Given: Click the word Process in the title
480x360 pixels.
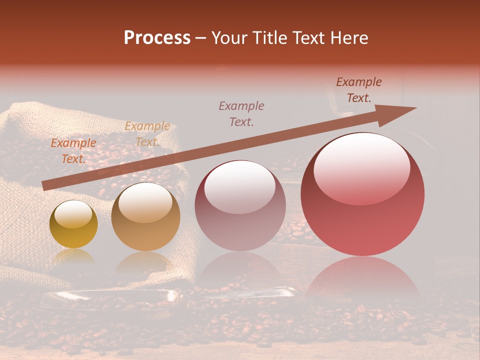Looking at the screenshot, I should click(157, 38).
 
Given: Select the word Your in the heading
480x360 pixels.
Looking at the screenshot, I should click(228, 38).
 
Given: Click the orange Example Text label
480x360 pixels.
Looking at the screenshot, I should click(73, 151).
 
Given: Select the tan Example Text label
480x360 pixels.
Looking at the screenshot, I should click(147, 134).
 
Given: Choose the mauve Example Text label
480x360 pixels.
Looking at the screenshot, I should click(241, 113).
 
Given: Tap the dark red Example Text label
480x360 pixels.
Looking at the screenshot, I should click(359, 90).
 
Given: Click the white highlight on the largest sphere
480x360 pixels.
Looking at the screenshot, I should click(361, 167).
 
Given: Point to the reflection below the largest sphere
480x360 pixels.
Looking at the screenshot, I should click(362, 277).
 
